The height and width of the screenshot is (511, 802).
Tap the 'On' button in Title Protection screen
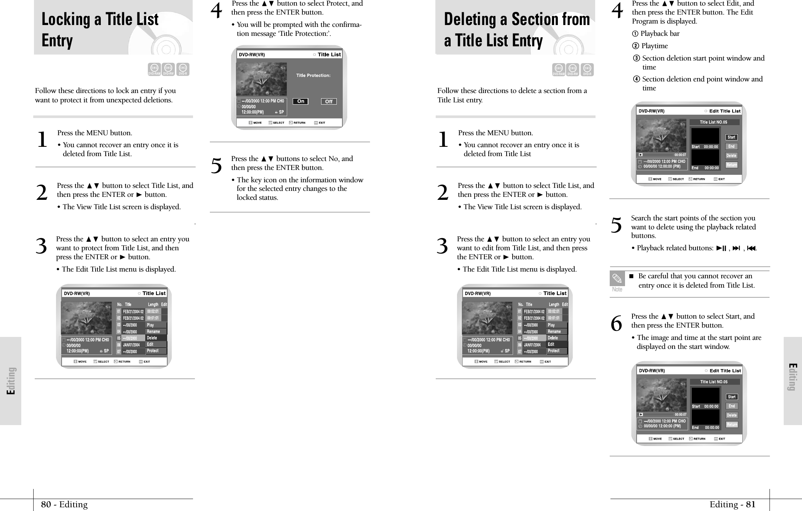tap(301, 101)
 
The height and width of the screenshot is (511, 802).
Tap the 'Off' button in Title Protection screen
tap(329, 102)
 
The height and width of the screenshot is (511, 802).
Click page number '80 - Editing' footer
tap(64, 505)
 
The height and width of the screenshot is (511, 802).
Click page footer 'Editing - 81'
tap(732, 505)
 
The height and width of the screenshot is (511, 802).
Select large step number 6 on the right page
tap(616, 323)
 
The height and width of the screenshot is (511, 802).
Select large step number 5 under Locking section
tap(216, 166)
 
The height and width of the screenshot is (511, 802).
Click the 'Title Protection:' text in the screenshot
tap(313, 75)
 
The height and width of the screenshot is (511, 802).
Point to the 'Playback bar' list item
tap(660, 34)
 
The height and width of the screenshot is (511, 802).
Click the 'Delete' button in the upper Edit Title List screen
tap(731, 156)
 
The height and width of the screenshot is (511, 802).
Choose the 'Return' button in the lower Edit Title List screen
tap(732, 424)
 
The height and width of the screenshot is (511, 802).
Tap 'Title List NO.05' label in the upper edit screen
tap(713, 122)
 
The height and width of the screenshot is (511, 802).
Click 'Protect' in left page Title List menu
tap(153, 351)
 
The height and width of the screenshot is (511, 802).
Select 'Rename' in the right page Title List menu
tap(554, 331)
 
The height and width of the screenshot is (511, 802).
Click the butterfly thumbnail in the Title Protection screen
tap(262, 79)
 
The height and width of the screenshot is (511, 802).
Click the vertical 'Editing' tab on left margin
tap(11, 381)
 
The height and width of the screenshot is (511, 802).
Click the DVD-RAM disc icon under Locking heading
tap(154, 69)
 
